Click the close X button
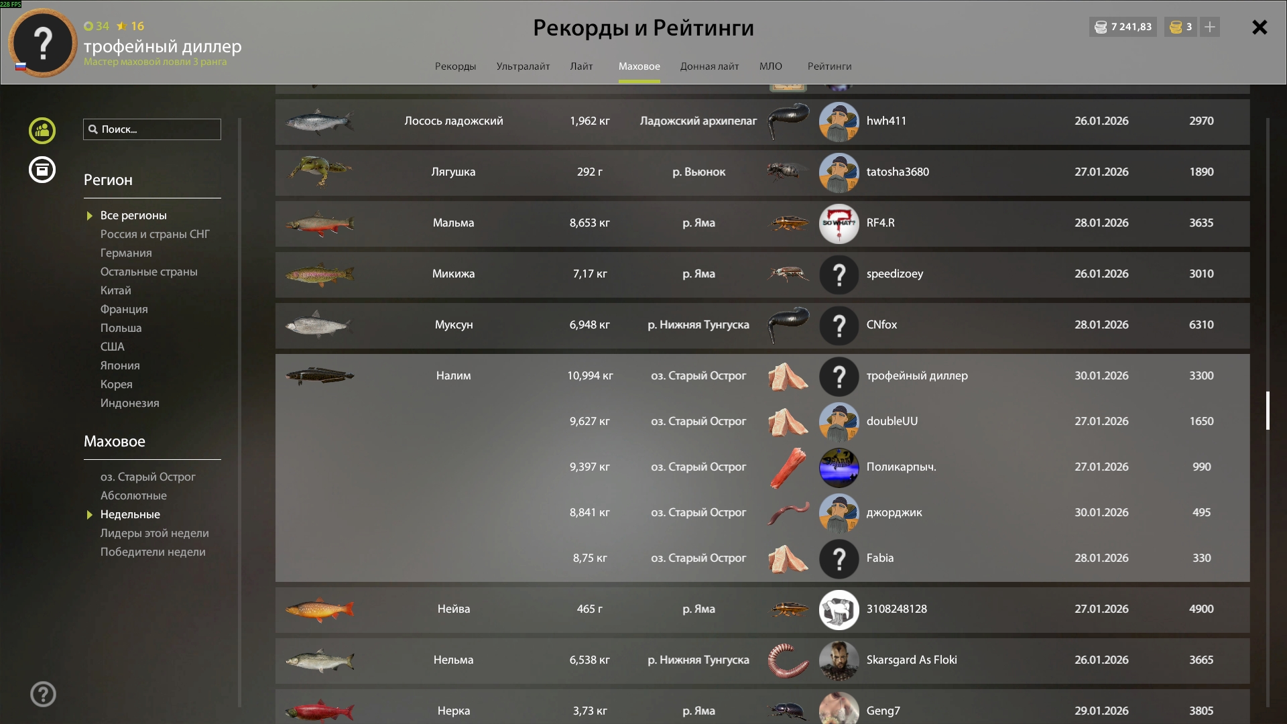(x=1260, y=27)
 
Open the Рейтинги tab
(x=829, y=66)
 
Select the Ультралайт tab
(x=523, y=66)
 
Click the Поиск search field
(x=152, y=129)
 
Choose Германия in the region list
(x=126, y=253)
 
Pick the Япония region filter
(x=120, y=365)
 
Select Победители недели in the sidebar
(x=153, y=552)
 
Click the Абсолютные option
(x=133, y=495)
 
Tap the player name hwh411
(x=886, y=121)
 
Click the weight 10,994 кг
(x=590, y=375)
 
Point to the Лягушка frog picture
(x=320, y=172)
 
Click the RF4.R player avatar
(x=839, y=223)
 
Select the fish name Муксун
(x=454, y=324)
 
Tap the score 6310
(x=1201, y=324)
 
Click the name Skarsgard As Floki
(x=912, y=660)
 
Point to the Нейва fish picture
(x=320, y=609)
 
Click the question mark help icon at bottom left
(x=43, y=694)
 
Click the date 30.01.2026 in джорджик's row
(x=1101, y=512)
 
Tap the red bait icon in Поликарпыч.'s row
(x=788, y=467)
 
